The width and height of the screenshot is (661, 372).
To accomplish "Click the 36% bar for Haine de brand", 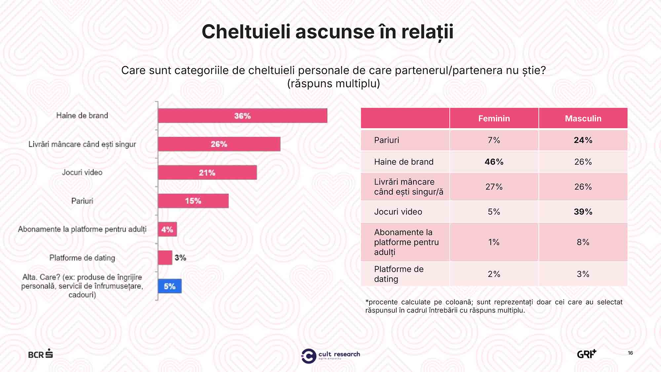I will pyautogui.click(x=243, y=116).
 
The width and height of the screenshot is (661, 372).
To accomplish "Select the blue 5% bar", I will pyautogui.click(x=170, y=286).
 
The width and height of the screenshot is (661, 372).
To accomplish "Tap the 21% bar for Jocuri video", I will pyautogui.click(x=207, y=173).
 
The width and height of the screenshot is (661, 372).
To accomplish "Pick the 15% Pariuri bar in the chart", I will pyautogui.click(x=193, y=201).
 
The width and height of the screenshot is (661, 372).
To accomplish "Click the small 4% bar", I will pyautogui.click(x=167, y=229).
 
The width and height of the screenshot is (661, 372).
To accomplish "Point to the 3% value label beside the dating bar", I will pyautogui.click(x=180, y=258).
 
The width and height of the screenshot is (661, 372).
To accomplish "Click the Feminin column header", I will pyautogui.click(x=494, y=118).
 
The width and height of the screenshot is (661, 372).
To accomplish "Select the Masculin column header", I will pyautogui.click(x=583, y=118).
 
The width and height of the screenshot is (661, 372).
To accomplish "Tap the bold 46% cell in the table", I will pyautogui.click(x=494, y=162).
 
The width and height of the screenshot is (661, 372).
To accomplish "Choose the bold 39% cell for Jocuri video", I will pyautogui.click(x=583, y=212).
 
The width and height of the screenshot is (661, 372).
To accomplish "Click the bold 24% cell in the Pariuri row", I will pyautogui.click(x=583, y=140).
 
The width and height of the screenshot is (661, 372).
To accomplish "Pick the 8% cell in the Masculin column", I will pyautogui.click(x=583, y=242).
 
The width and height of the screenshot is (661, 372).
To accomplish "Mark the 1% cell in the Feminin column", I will pyautogui.click(x=494, y=242).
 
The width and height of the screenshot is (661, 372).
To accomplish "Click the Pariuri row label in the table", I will pyautogui.click(x=387, y=140).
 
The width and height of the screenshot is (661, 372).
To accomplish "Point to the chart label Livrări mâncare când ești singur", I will pyautogui.click(x=82, y=145).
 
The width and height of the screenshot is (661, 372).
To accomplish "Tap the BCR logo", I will pyautogui.click(x=40, y=354).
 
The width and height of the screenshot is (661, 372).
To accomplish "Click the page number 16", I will pyautogui.click(x=630, y=353).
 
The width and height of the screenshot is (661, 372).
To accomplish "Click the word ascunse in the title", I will pyautogui.click(x=335, y=32).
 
